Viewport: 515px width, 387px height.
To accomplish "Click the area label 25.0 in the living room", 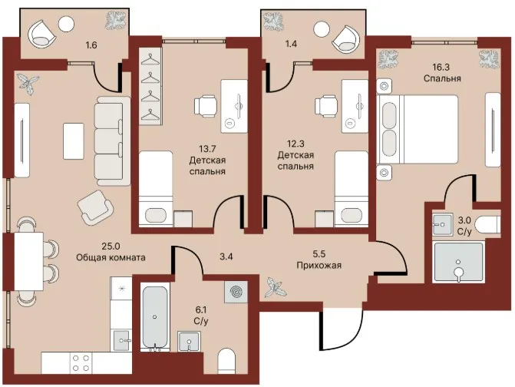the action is [x=111, y=246].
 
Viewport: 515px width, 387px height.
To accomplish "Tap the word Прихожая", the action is [x=319, y=265].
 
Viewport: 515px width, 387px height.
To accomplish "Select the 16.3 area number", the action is [x=441, y=68].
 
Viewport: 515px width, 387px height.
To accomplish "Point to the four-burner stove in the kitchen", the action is [x=81, y=363].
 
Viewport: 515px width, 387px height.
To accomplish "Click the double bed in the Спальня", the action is [x=418, y=129].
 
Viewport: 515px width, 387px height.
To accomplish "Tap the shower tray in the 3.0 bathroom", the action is [x=459, y=262].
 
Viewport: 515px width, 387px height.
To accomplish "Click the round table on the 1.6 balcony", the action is [x=66, y=24].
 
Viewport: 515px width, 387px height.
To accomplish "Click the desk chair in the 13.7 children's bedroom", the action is [x=206, y=106].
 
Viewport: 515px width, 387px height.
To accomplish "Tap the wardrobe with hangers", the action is [x=150, y=86].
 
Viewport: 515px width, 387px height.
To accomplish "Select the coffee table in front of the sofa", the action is [x=74, y=141].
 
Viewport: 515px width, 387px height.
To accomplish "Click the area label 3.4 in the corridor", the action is [x=226, y=256].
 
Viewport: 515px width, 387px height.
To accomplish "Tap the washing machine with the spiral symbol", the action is [x=236, y=292].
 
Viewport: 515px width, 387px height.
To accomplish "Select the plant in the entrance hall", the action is [x=275, y=287].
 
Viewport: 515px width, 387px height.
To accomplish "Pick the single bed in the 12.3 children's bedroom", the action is [x=352, y=189].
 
